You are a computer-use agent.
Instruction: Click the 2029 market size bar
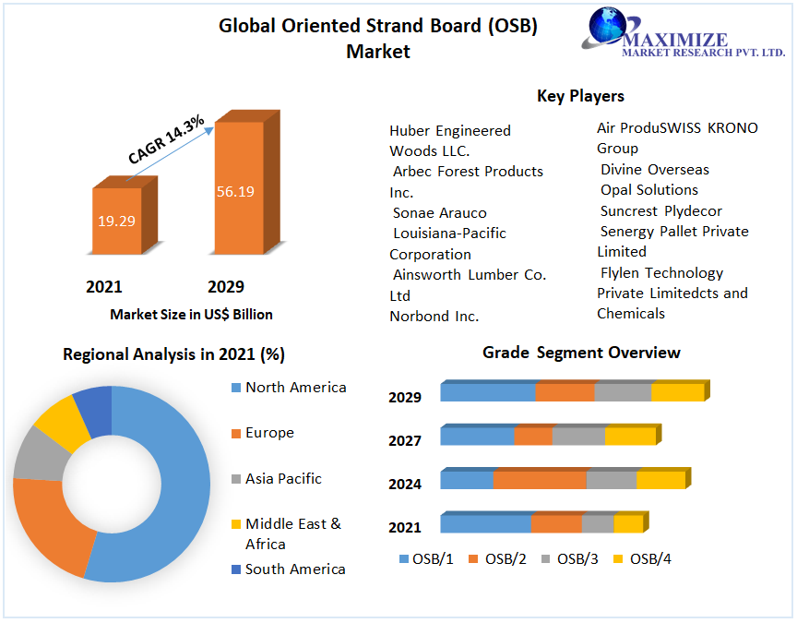(239, 188)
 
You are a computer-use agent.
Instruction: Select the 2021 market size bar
(116, 221)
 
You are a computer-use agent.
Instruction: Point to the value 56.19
(235, 192)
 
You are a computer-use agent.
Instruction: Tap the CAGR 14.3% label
(166, 141)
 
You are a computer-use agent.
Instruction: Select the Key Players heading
(580, 96)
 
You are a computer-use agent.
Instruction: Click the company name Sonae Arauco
(439, 213)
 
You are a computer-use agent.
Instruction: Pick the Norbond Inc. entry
(434, 317)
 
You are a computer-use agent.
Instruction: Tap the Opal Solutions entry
(648, 190)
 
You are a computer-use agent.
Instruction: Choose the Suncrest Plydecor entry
(660, 211)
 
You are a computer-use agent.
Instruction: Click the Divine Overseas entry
(655, 170)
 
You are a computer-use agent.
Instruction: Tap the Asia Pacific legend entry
(283, 479)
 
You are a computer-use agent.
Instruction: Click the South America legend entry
(295, 569)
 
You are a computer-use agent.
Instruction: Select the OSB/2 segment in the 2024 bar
(540, 480)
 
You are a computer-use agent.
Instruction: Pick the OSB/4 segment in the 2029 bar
(677, 392)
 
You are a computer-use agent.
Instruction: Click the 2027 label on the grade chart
(405, 441)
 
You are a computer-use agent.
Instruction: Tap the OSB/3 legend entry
(577, 558)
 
